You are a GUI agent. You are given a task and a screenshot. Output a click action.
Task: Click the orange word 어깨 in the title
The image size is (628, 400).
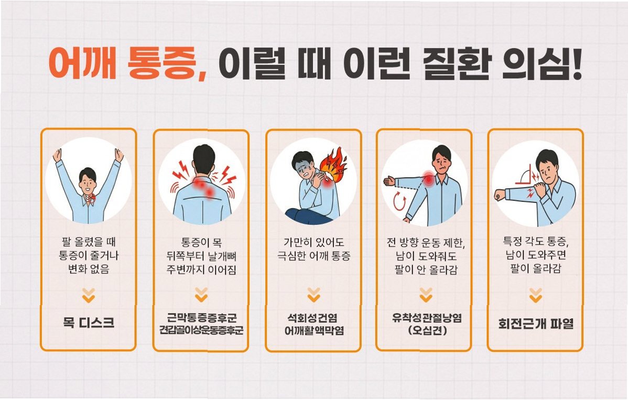coord(82,63)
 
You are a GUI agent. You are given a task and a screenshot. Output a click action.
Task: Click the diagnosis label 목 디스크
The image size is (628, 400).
coord(89,323)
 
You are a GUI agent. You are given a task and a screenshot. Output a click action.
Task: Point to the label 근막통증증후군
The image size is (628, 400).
coord(201,318)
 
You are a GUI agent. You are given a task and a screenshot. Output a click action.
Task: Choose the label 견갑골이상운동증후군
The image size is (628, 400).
coord(201,330)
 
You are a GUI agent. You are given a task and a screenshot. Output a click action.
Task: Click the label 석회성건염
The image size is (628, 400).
coord(312,318)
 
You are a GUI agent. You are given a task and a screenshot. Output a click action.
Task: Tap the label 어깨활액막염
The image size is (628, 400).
coord(314,330)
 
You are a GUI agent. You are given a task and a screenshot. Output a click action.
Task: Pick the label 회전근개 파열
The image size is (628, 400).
coord(536,323)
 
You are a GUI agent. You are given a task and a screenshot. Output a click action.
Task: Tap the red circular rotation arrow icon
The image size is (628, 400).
coord(399,201)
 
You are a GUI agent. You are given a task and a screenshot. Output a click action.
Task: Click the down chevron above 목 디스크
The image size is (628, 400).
coord(89,296)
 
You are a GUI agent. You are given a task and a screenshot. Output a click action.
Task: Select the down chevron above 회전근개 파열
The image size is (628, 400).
coord(536,295)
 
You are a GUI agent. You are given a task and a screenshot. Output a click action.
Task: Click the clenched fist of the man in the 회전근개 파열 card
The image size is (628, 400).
coord(500,195)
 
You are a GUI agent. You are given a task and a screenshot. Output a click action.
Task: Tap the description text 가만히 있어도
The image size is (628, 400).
coord(313,242)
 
